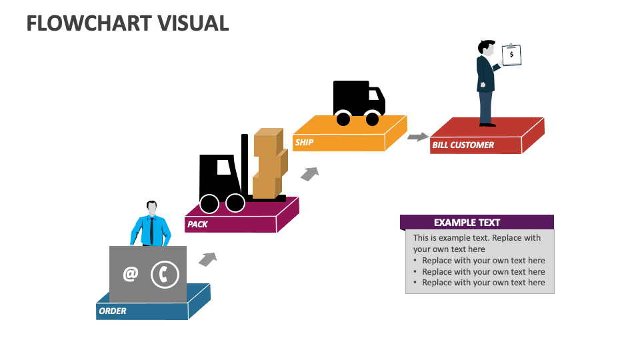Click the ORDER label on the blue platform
(113, 311)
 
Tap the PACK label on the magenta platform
(197, 224)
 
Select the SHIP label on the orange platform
(304, 142)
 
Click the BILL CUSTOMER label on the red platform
(463, 145)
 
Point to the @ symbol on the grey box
(130, 274)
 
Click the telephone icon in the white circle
(165, 275)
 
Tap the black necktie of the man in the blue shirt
(152, 230)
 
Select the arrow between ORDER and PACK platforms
(208, 259)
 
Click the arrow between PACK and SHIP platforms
(309, 174)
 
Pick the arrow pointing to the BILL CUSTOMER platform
(418, 137)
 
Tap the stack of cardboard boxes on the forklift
(269, 163)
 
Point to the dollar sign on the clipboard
(511, 55)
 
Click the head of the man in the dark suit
(486, 49)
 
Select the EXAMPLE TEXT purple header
(477, 222)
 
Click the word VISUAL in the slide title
(193, 23)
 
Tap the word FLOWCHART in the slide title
(88, 23)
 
